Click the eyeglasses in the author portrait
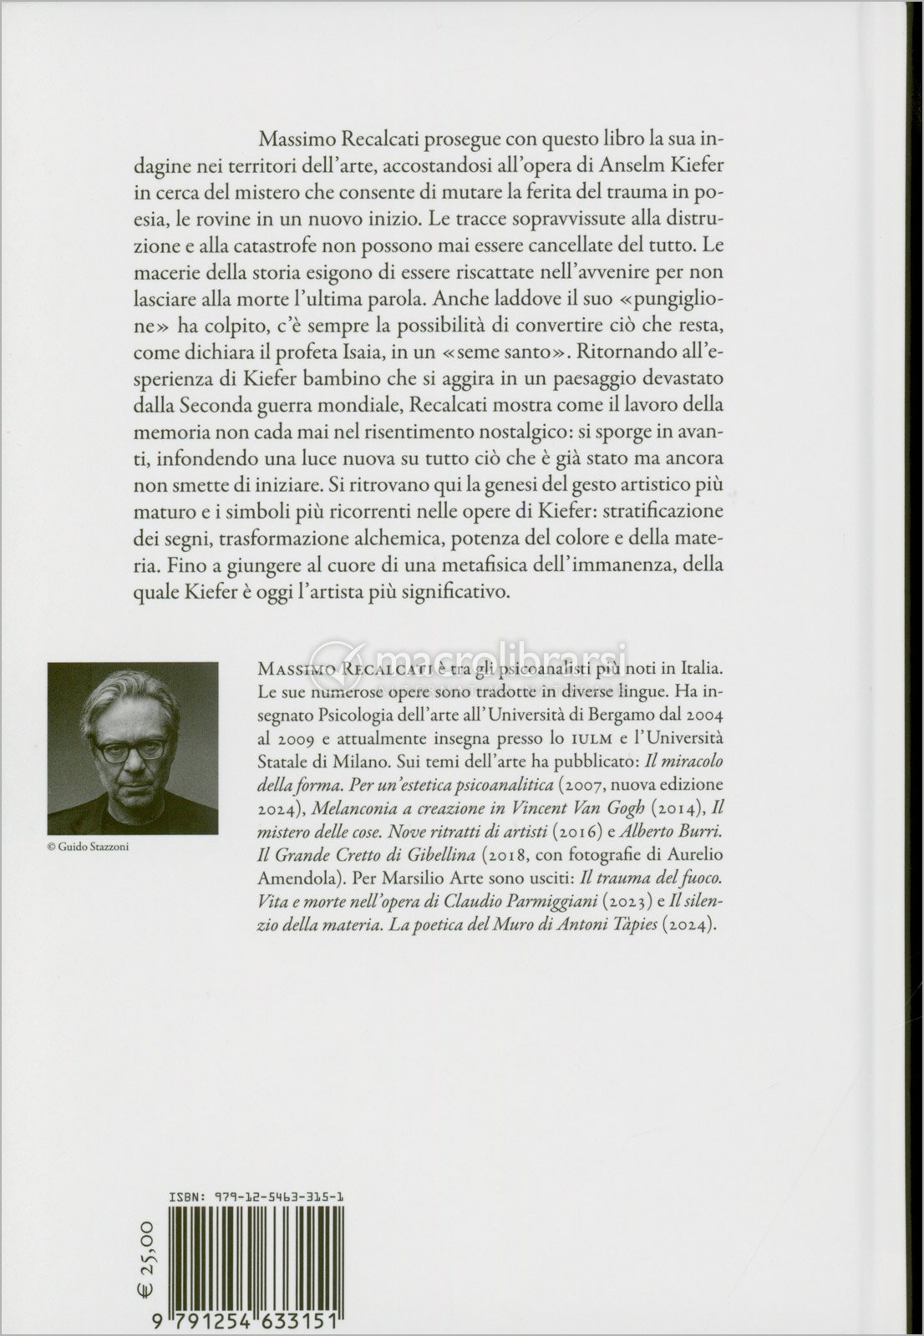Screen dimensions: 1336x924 point(133,750)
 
